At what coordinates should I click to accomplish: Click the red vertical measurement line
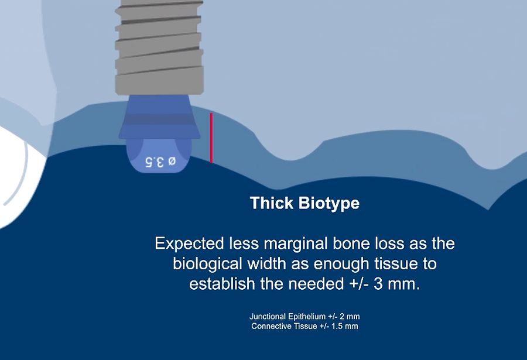coord(211,138)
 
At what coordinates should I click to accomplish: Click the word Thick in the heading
coord(272,204)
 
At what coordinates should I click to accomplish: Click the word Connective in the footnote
coord(271,326)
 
